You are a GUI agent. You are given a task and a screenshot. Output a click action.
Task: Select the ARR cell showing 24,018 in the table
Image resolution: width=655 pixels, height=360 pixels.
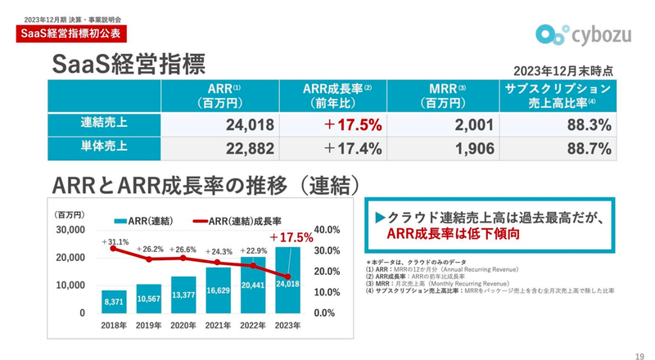(221, 125)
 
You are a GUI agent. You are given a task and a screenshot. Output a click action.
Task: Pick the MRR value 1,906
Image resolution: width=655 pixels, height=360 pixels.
(447, 149)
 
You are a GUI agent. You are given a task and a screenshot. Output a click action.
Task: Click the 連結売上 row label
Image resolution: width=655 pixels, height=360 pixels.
(104, 124)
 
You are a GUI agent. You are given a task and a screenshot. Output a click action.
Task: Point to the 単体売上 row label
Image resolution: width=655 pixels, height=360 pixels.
(104, 148)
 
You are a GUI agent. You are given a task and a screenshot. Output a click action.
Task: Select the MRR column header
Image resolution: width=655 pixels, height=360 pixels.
(446, 96)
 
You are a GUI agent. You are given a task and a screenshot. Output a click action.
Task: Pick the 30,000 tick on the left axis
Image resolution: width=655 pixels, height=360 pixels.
(71, 230)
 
